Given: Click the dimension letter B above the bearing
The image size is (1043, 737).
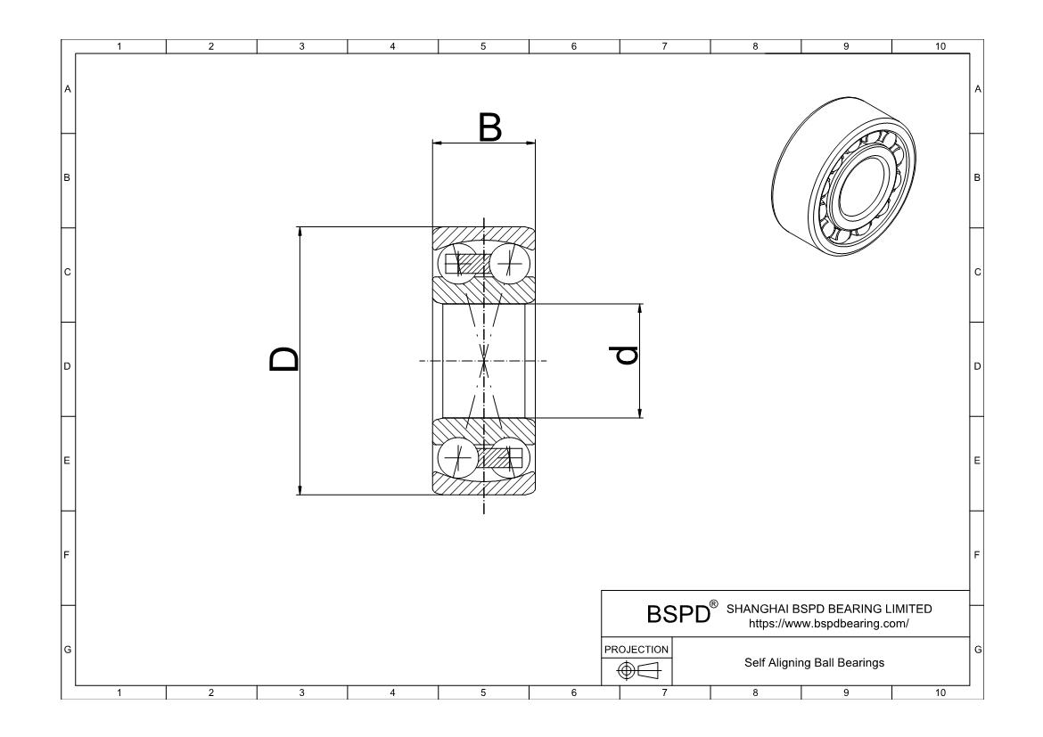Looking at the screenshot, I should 489,128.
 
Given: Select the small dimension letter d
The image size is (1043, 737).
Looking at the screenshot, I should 627,356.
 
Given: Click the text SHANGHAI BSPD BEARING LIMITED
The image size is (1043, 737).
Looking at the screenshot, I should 829,609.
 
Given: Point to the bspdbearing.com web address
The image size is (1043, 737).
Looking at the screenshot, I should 829,624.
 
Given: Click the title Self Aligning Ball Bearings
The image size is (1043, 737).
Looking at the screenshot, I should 815,662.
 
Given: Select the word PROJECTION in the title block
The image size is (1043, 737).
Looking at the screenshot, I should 636,650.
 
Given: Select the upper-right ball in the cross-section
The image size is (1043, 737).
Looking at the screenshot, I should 509,263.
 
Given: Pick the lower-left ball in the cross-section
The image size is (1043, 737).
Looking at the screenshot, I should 458,459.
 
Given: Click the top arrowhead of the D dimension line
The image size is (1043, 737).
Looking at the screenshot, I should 300,232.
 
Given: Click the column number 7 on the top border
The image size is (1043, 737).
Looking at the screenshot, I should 664,46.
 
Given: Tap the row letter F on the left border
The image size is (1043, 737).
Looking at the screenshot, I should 67,555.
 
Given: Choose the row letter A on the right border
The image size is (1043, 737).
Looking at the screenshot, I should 977,89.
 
